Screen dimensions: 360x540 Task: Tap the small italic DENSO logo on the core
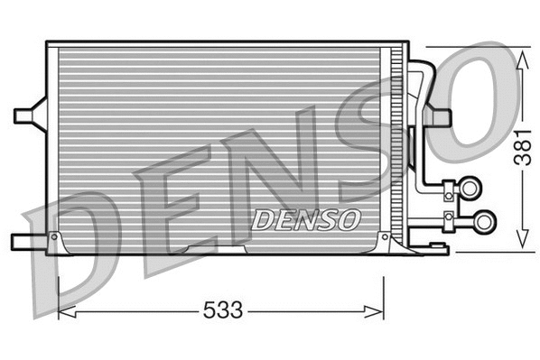tap(306, 219)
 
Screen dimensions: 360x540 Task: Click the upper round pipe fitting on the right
tap(470, 188)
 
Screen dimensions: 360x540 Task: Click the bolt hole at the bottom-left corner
tap(54, 236)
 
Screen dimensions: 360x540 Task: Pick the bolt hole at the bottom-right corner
tap(386, 236)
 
